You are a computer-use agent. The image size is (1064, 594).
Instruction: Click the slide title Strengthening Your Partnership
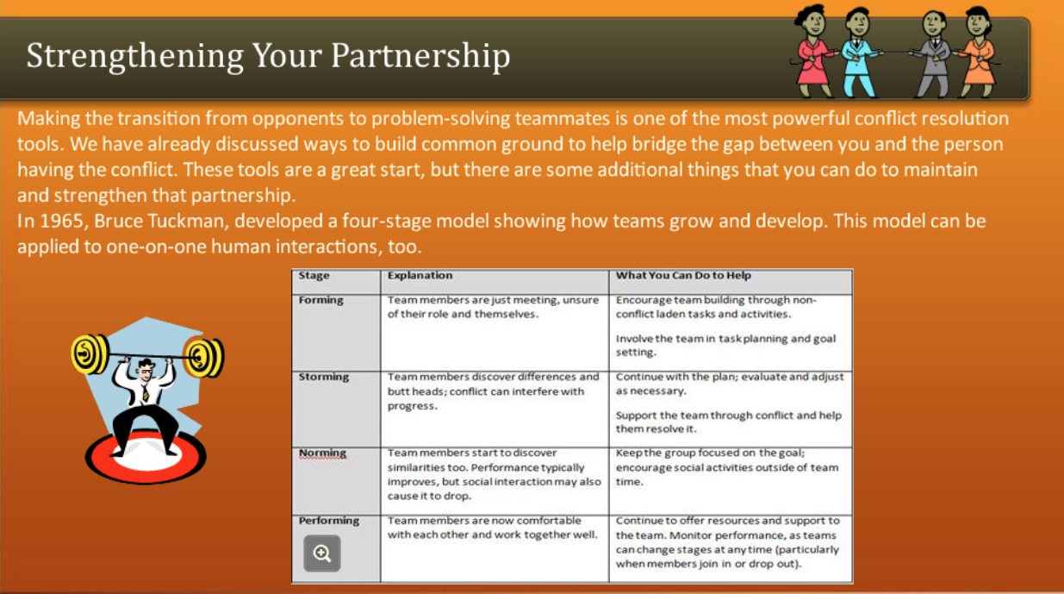[268, 56]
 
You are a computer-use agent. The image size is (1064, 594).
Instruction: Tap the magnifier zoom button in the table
[322, 553]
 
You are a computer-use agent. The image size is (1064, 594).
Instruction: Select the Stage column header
[314, 276]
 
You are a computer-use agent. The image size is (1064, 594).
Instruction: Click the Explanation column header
[420, 276]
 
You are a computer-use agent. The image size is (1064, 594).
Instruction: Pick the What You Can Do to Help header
[683, 276]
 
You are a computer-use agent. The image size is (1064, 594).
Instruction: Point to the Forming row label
[320, 300]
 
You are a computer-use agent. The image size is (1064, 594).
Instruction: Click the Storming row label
[324, 377]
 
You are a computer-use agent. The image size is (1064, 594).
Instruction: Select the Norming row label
[322, 453]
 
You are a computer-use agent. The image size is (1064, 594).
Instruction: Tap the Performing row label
[329, 521]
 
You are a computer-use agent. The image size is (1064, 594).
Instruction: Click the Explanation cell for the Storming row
[494, 391]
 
